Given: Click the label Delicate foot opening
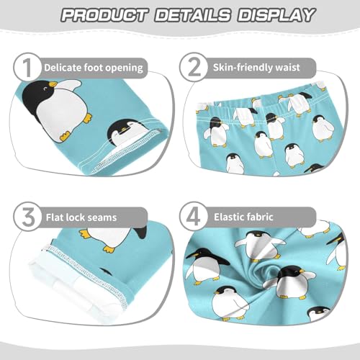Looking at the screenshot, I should pos(94,68).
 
